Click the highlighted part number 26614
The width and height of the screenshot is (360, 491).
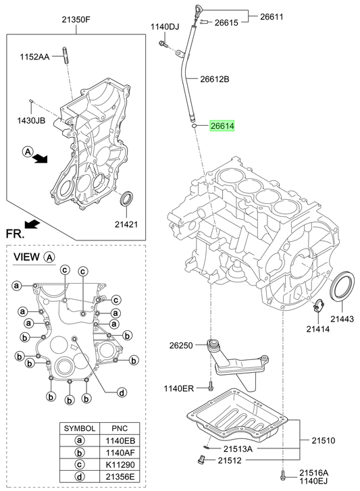pyautogui.click(x=222, y=126)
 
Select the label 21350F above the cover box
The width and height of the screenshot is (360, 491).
pyautogui.click(x=76, y=20)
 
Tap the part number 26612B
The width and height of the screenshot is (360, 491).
pyautogui.click(x=215, y=79)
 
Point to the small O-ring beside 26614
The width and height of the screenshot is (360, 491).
pyautogui.click(x=194, y=126)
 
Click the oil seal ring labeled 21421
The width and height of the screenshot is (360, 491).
pyautogui.click(x=127, y=199)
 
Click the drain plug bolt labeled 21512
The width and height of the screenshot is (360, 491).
pyautogui.click(x=201, y=460)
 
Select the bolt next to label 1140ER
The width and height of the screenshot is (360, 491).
pyautogui.click(x=210, y=386)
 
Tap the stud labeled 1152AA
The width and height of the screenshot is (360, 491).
pyautogui.click(x=65, y=55)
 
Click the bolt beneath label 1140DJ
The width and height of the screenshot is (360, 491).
pyautogui.click(x=163, y=44)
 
